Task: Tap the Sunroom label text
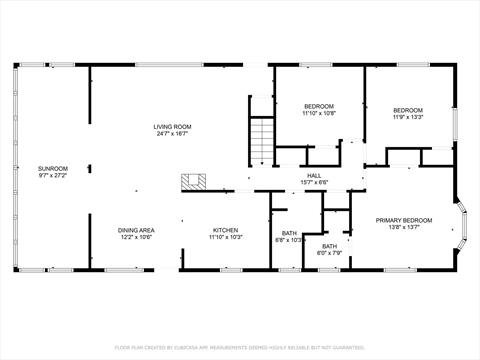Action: [52, 167]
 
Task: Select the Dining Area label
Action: [135, 229]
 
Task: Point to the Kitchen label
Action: [225, 229]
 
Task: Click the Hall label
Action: [314, 174]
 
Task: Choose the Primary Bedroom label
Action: [403, 219]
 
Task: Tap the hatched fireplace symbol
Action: [193, 181]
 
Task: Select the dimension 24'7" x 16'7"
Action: [172, 134]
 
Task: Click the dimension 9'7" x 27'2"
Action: [52, 175]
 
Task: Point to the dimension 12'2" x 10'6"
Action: [135, 237]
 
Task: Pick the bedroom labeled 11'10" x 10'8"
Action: [319, 110]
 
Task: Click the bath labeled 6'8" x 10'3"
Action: [289, 236]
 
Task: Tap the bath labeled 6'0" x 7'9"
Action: [329, 249]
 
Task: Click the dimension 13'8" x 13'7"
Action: [403, 227]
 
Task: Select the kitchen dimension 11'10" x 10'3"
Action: [225, 237]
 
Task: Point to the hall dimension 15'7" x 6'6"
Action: [314, 182]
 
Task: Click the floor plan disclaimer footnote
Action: [240, 347]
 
